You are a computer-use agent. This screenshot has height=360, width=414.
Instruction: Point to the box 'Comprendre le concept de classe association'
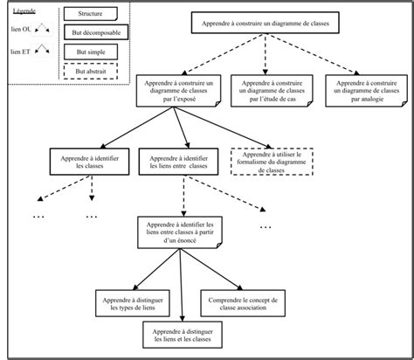(x=241, y=301)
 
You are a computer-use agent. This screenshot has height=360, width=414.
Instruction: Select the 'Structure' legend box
(x=89, y=15)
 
